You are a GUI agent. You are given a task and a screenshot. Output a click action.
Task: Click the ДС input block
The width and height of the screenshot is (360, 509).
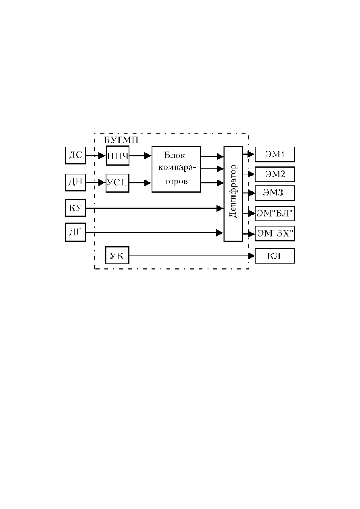[x=75, y=156]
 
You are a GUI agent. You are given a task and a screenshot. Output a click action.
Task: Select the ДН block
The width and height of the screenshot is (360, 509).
[x=75, y=182]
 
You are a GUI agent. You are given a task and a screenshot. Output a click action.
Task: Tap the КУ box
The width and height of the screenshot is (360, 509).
[x=75, y=208]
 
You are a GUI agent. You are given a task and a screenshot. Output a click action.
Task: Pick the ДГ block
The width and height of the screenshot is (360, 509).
[x=75, y=232]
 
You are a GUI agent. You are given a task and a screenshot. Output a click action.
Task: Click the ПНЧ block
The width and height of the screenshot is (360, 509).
[x=117, y=156]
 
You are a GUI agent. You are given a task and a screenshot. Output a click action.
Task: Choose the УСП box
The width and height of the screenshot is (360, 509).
[x=117, y=183]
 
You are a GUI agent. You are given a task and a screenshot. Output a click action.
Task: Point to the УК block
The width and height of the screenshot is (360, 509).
[x=117, y=255]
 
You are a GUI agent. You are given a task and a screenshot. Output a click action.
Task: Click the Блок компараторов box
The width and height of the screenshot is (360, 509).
[x=176, y=169]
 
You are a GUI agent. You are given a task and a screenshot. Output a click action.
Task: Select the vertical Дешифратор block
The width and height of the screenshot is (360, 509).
[x=233, y=194]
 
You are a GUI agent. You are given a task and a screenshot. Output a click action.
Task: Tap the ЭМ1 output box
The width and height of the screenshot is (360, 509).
[x=275, y=154]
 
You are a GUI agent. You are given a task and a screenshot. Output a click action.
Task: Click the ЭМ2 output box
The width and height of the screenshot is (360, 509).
[x=275, y=174]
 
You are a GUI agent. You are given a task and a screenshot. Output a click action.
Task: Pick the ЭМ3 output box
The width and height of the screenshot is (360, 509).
[x=275, y=193]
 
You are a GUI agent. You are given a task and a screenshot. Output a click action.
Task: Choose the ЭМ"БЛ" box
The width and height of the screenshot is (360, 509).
[x=275, y=214]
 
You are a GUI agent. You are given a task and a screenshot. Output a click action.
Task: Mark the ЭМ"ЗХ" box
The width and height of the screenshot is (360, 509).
[x=275, y=234]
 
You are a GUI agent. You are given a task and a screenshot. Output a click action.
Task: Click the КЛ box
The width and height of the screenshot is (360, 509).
[x=275, y=256]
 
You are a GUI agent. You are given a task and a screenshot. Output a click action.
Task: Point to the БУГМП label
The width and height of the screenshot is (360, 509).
[x=121, y=140]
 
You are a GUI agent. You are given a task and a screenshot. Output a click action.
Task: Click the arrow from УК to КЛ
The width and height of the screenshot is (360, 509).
[x=192, y=256]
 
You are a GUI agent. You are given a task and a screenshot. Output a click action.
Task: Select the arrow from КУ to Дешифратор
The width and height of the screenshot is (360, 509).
[x=155, y=208]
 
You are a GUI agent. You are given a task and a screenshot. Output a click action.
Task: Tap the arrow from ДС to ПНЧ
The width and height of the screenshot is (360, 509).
[x=96, y=156]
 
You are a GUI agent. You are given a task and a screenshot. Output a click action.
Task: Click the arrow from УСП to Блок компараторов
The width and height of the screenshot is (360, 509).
[x=140, y=183]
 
